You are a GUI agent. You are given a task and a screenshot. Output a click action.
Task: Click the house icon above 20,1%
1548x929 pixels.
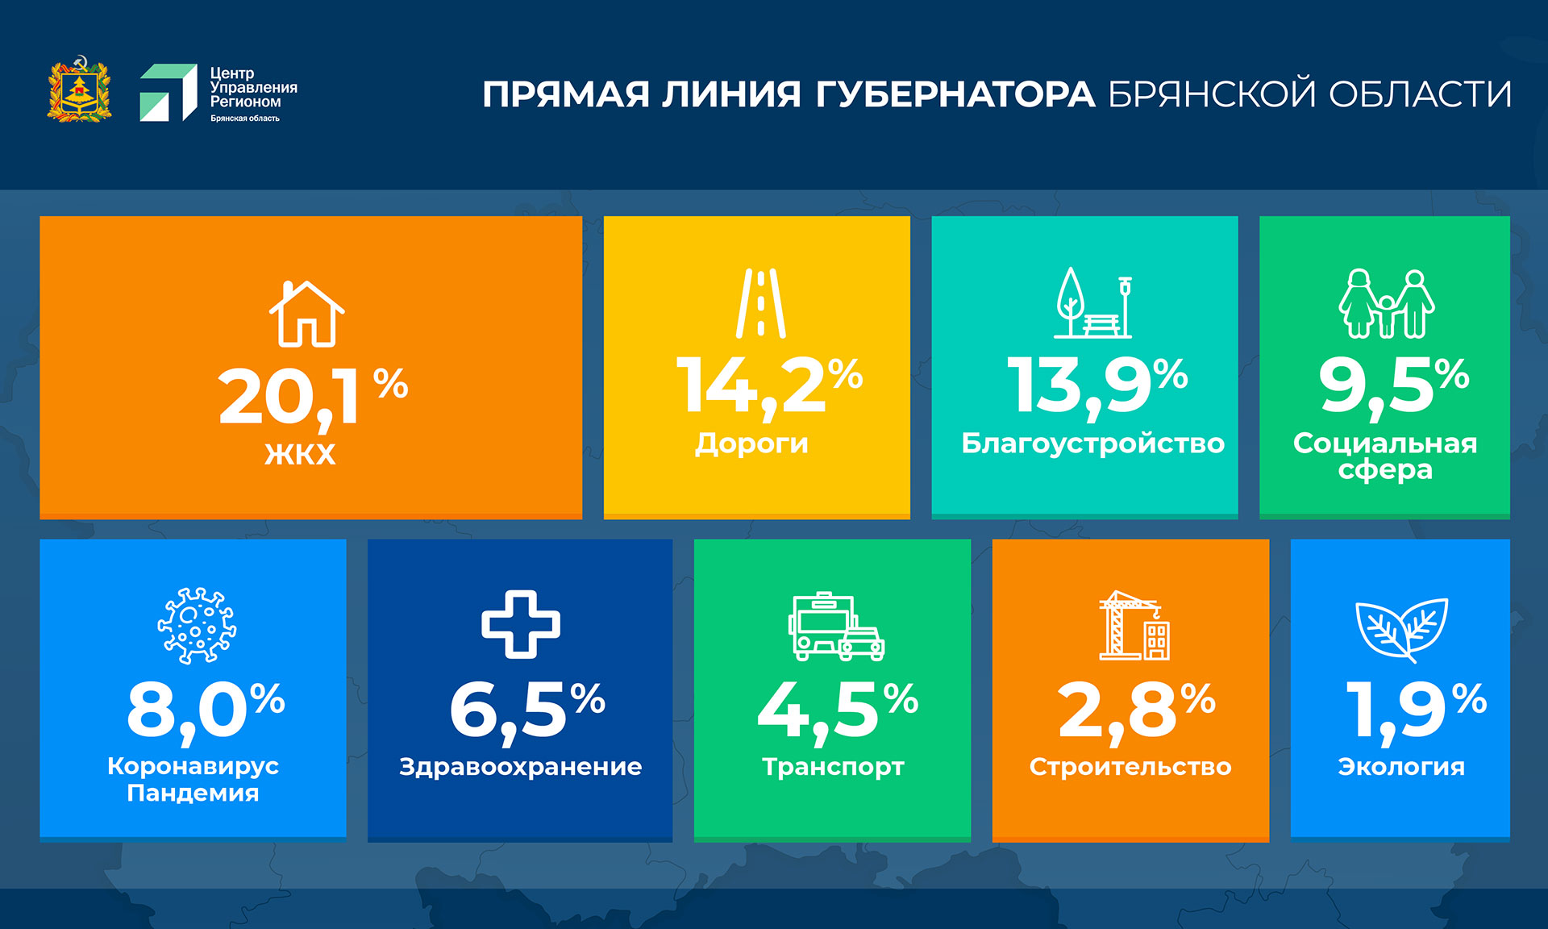coord(306,314)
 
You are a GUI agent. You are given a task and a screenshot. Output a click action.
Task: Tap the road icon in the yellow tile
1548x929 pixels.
coord(760,303)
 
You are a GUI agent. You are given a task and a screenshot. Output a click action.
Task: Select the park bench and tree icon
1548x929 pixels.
coord(1093,302)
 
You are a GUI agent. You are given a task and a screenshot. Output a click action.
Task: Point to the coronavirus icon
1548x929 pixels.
coord(197,626)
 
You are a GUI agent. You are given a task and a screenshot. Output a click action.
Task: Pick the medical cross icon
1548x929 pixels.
coord(521,624)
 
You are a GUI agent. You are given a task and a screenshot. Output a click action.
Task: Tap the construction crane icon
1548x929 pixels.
coord(1134,625)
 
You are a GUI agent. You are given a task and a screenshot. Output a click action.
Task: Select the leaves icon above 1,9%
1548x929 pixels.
coord(1401,629)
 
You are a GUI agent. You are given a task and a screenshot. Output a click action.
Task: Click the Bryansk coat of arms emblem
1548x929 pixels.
coord(79,89)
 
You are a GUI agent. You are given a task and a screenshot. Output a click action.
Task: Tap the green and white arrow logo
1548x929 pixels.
coord(169,93)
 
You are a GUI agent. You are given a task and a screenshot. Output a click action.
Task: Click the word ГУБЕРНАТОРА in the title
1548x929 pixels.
coord(955,94)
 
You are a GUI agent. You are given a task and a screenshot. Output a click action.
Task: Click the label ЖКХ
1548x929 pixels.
coord(300,454)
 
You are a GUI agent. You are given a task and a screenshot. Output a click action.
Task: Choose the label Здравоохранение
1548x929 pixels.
coord(521,767)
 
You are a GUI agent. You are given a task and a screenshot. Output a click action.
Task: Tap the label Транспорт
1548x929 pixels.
coord(833,767)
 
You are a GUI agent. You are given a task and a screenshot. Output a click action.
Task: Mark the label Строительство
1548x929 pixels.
coord(1130,767)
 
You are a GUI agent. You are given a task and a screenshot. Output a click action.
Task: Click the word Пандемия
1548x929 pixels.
coord(193,793)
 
